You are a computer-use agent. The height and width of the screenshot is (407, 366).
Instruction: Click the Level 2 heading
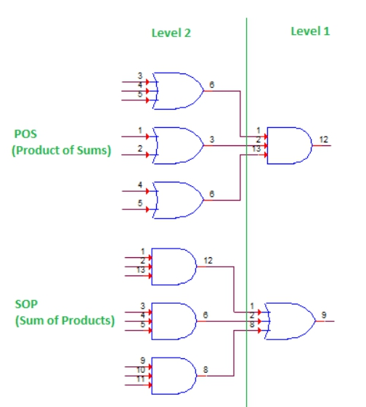(171, 33)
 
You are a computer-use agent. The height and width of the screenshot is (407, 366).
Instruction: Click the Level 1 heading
(311, 31)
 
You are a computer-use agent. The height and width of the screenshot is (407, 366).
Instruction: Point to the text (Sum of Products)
(65, 320)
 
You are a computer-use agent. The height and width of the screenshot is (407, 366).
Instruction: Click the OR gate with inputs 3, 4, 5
(177, 91)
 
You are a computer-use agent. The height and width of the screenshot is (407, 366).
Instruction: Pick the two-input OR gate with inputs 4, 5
(177, 200)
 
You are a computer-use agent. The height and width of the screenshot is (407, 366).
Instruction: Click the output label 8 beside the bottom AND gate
(206, 369)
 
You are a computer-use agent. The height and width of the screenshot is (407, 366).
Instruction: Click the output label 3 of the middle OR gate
(211, 140)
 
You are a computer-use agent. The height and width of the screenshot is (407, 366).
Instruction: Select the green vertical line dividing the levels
(247, 218)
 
